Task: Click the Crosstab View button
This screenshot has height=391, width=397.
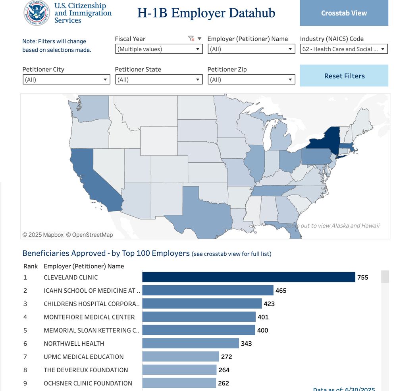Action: (344, 13)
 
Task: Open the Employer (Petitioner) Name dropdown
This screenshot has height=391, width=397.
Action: (251, 49)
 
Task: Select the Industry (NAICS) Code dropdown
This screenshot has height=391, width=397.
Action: (344, 49)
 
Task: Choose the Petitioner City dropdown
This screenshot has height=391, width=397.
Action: (66, 80)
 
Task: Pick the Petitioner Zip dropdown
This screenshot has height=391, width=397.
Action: (251, 80)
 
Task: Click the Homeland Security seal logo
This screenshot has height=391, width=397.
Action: (37, 13)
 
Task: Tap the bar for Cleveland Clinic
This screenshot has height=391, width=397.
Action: (249, 277)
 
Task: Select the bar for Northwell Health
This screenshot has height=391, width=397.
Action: (191, 343)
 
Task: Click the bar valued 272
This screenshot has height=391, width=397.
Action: (181, 357)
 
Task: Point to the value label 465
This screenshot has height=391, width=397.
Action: (281, 291)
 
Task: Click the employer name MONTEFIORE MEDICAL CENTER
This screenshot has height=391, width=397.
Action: (89, 317)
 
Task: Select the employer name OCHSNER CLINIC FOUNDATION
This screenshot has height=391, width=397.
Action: (88, 383)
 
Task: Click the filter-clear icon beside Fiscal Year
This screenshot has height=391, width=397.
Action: (191, 39)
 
